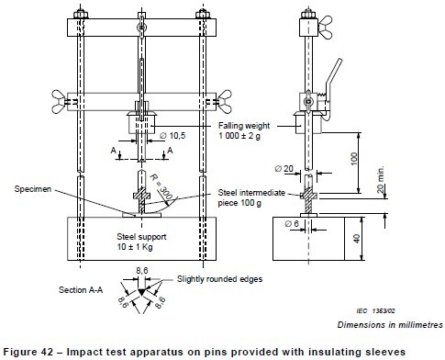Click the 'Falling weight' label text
tap(244, 126)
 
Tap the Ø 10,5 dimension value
tap(172, 136)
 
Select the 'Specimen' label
tap(33, 189)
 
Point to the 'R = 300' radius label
tap(161, 187)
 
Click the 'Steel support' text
tap(141, 237)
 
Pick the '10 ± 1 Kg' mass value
tap(135, 247)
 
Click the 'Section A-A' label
tap(81, 290)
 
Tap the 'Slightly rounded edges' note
tap(219, 279)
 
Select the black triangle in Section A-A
tap(141, 292)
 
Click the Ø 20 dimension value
tap(284, 169)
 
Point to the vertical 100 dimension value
tap(354, 159)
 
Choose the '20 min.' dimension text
tap(380, 180)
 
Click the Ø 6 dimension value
tap(292, 224)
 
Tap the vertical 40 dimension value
tap(357, 239)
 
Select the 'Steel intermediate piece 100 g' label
tap(251, 197)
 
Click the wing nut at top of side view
tap(326, 28)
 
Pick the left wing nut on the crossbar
tap(59, 102)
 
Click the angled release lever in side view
tap(333, 75)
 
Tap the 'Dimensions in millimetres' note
tap(391, 324)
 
